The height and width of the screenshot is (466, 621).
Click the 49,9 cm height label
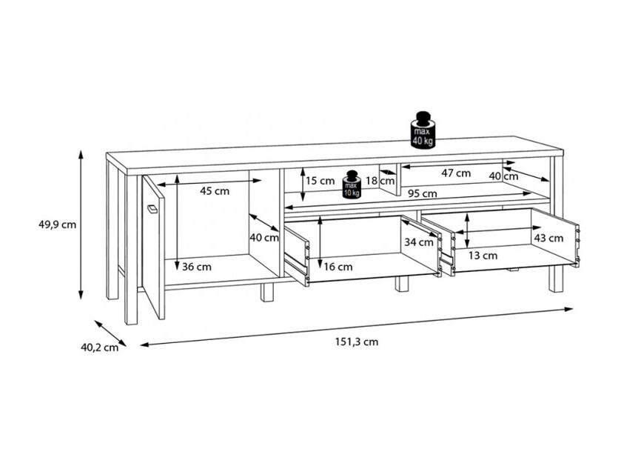click(x=58, y=224)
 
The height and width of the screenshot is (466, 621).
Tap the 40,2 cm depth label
click(x=100, y=347)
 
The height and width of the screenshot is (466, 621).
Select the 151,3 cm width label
click(x=357, y=342)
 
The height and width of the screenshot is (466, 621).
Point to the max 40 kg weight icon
click(x=423, y=130)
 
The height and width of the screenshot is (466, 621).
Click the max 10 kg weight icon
click(x=352, y=184)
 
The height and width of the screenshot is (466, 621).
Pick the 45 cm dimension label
click(x=215, y=191)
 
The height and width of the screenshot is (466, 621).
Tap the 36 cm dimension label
click(x=197, y=267)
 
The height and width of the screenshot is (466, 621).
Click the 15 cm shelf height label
click(x=320, y=181)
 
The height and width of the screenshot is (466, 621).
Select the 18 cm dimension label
click(x=380, y=181)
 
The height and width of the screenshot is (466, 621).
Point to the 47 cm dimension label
click(x=456, y=173)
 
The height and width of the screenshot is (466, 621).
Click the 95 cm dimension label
click(x=423, y=194)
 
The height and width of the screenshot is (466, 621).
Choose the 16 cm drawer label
click(x=338, y=267)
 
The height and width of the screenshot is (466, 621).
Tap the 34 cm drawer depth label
click(x=419, y=242)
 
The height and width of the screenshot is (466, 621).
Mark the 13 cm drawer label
click(x=483, y=256)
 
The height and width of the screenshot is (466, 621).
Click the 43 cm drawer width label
click(x=548, y=238)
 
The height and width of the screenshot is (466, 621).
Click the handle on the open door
click(x=152, y=209)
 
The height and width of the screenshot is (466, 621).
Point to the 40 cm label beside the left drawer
click(x=264, y=238)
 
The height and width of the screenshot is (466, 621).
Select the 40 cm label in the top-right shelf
click(x=503, y=176)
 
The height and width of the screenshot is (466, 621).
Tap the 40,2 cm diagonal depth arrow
click(x=110, y=333)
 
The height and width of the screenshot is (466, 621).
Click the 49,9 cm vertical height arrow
click(x=81, y=224)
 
